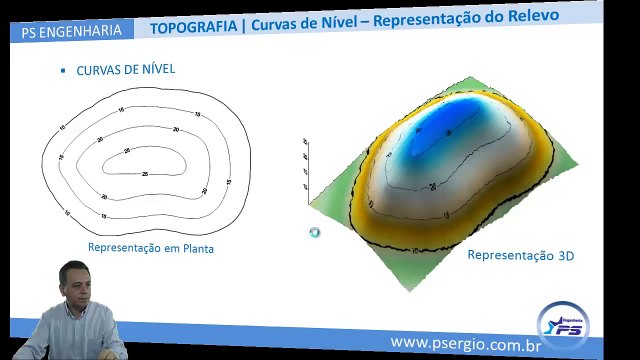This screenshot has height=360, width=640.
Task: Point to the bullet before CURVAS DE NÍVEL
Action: coord(63,72)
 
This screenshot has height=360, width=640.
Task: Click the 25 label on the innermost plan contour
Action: coord(145,174)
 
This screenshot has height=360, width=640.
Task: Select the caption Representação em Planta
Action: coord(151,247)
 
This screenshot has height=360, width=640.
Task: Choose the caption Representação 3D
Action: coord(521,256)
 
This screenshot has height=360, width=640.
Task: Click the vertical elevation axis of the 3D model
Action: coord(307,160)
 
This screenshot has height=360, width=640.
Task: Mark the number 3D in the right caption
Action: coord(565,256)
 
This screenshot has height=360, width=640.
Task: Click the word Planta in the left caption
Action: coord(195,247)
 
